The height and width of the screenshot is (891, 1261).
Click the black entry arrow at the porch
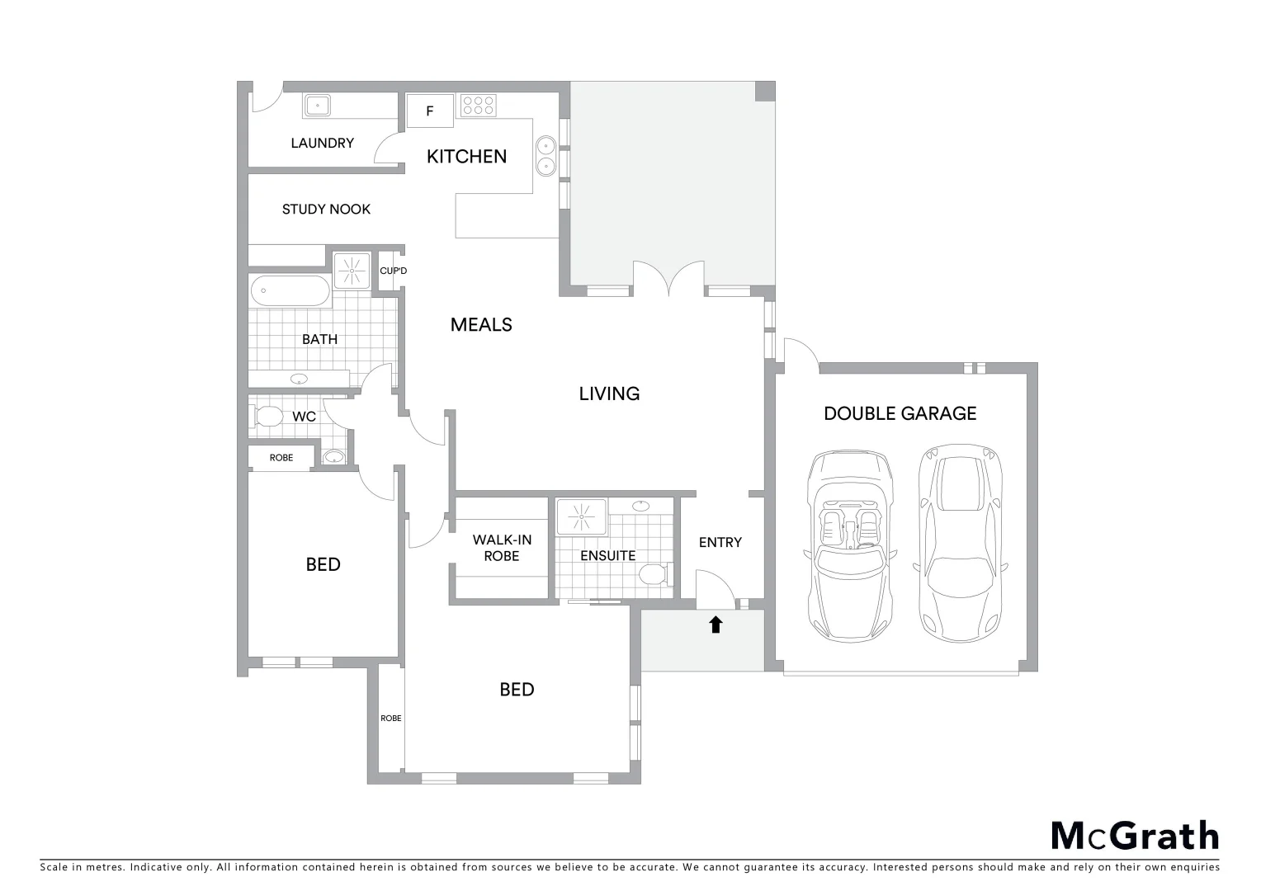tap(716, 625)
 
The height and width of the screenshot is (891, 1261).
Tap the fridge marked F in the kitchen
tap(429, 111)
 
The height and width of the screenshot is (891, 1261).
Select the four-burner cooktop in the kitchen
tap(479, 106)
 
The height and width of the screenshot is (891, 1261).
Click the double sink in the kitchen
tap(545, 156)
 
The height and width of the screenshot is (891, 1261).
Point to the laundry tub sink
tap(317, 105)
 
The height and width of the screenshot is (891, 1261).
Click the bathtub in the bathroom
tap(290, 290)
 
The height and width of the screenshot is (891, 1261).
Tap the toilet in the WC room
tap(267, 416)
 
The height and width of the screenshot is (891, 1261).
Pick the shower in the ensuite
tap(581, 516)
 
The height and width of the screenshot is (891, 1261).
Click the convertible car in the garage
tap(850, 545)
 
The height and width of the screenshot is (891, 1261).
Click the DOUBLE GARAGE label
tap(900, 413)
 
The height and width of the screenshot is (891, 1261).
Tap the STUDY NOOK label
tap(326, 210)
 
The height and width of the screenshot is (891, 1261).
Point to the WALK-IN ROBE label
tap(502, 548)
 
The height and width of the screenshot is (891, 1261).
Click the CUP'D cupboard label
tap(393, 271)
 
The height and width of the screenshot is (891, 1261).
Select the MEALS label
tap(481, 325)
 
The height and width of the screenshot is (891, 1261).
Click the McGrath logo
tap(1135, 836)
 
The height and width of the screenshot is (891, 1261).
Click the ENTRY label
tap(720, 542)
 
